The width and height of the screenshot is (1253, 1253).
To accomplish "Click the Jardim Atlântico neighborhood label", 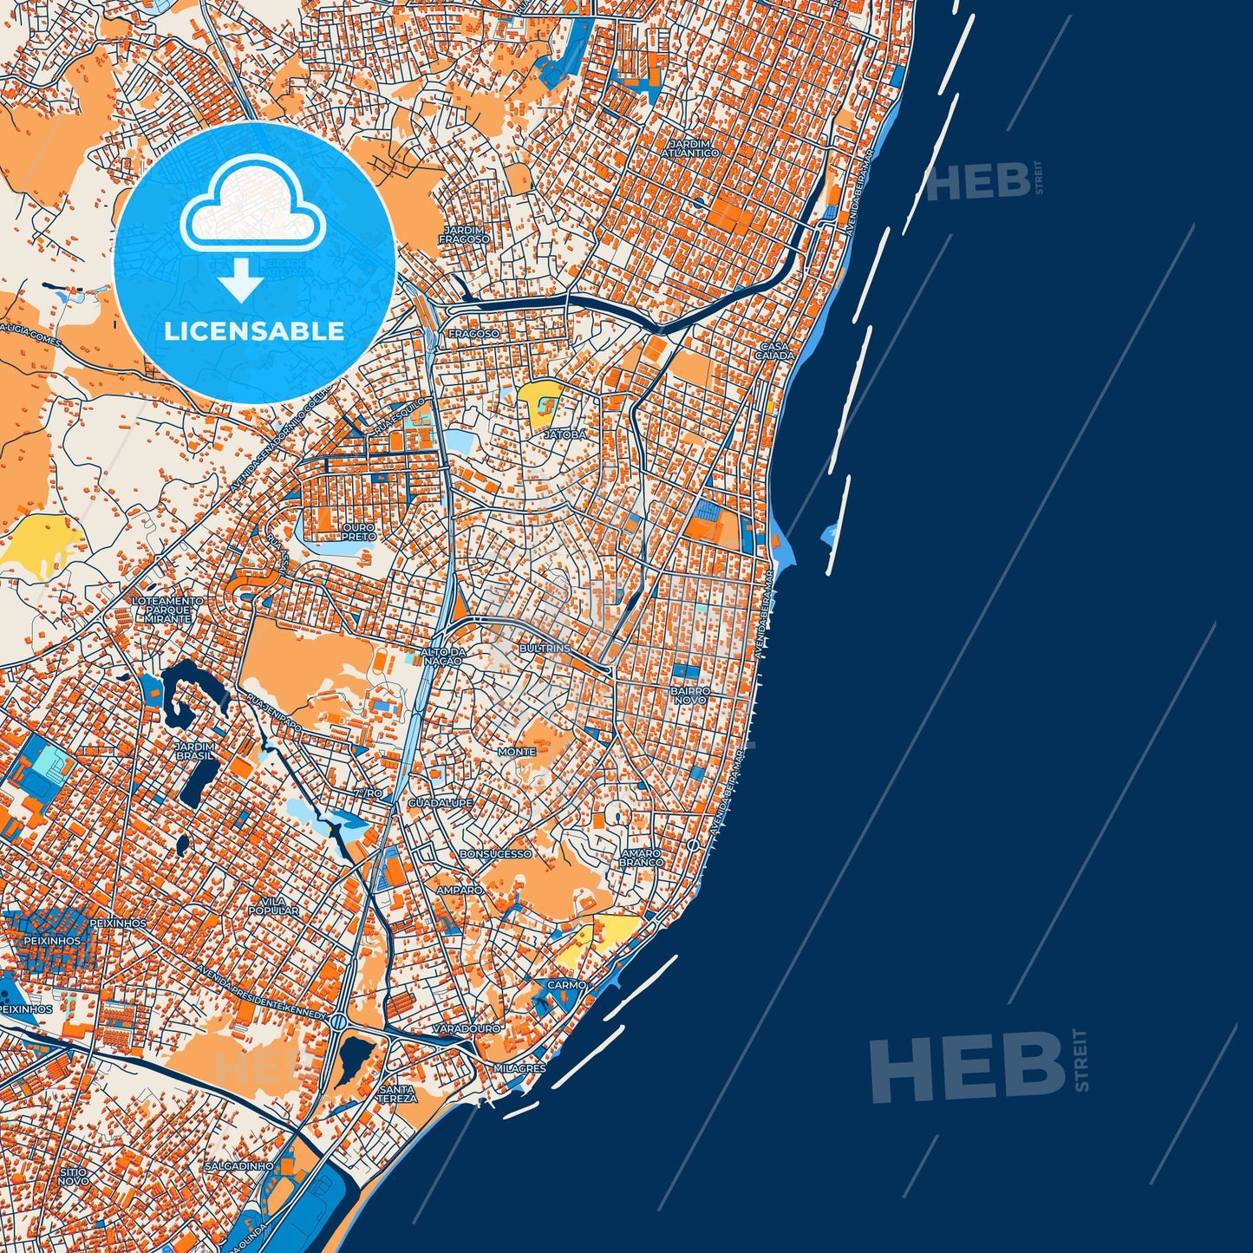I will [x=689, y=148].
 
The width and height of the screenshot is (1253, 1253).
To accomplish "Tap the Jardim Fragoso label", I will [x=465, y=234].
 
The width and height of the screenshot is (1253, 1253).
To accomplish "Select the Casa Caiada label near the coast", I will [x=774, y=350].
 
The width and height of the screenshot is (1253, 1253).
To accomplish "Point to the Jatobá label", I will [x=565, y=434].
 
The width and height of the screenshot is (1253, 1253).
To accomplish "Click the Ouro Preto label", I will [x=358, y=532].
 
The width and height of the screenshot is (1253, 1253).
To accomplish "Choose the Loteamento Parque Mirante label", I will [x=167, y=610].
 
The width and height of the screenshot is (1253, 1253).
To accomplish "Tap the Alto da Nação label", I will [x=442, y=656].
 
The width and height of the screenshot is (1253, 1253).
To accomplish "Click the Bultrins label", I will [x=545, y=648].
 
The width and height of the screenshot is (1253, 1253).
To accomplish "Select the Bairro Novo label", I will [x=690, y=695].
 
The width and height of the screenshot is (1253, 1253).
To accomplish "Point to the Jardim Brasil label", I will [x=193, y=750].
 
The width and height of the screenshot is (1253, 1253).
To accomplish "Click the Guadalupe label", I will [x=441, y=803].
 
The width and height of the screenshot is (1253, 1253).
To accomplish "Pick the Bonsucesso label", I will [x=495, y=854].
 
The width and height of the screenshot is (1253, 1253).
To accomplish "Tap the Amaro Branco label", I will [x=641, y=858].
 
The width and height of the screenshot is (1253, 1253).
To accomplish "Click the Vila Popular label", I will [x=273, y=906].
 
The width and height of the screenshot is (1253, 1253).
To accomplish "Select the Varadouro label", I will [x=467, y=1028].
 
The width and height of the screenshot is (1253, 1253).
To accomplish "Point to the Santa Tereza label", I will [x=396, y=1094].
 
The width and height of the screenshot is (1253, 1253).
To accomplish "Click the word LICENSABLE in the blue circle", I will [x=254, y=331].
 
